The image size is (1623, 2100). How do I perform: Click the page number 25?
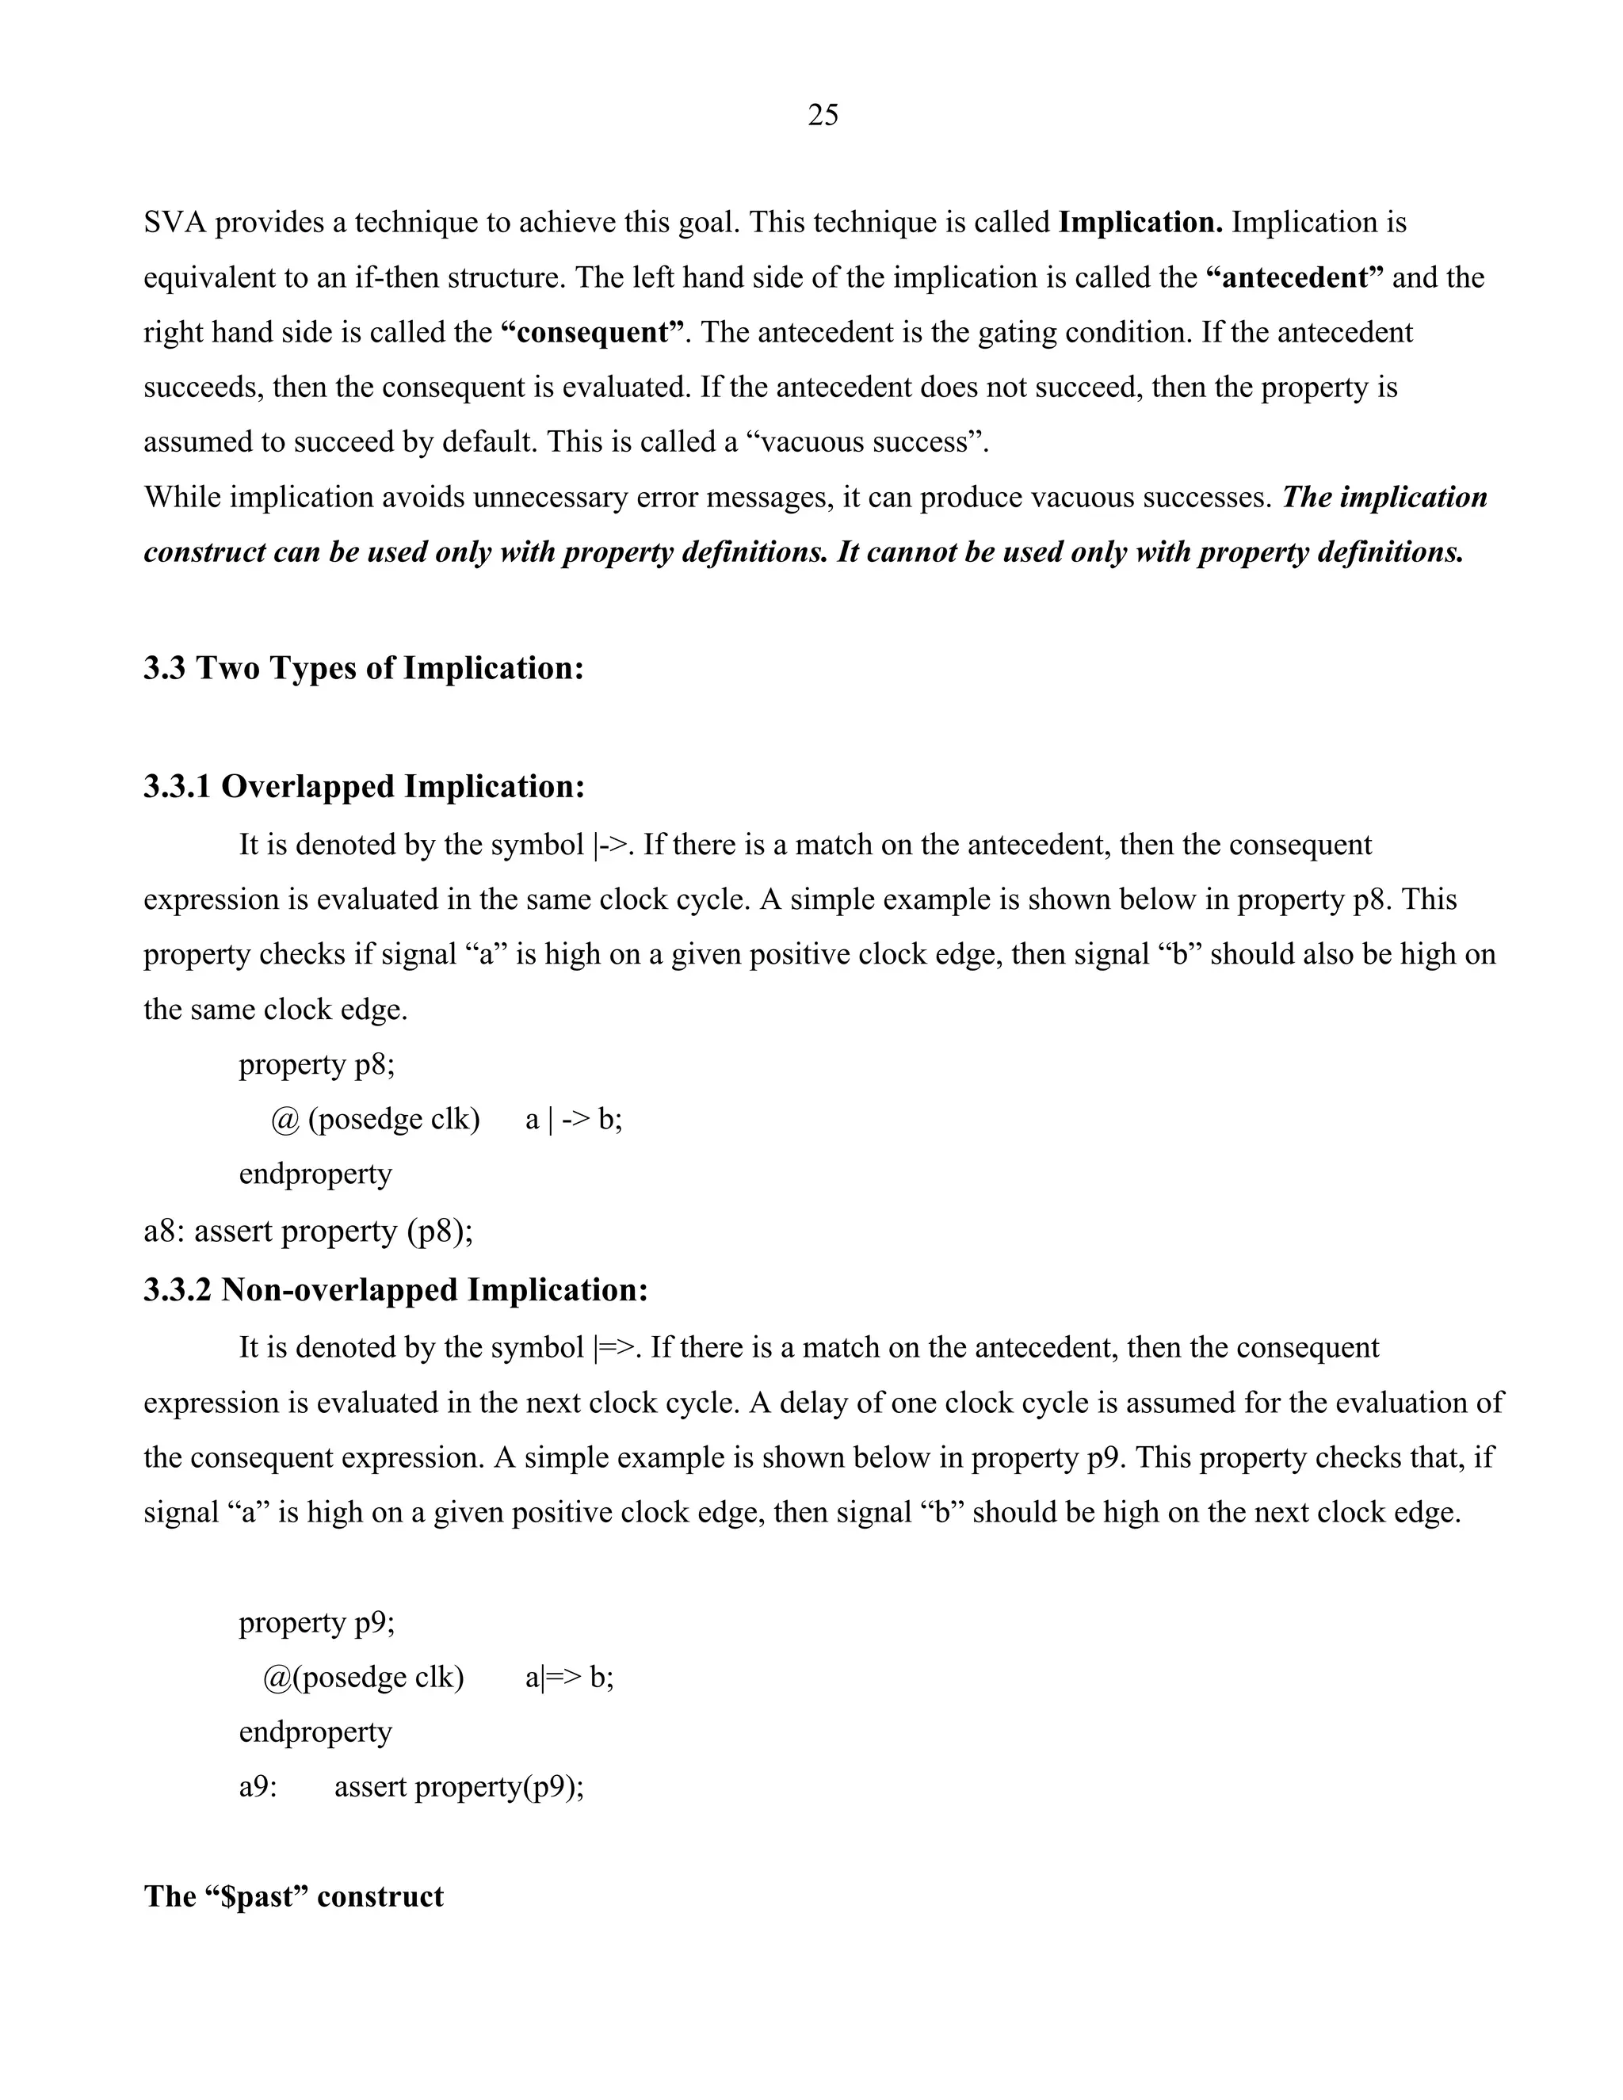click(x=822, y=116)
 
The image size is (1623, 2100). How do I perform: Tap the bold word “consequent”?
click(x=594, y=332)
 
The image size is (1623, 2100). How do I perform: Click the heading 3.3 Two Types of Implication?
click(x=364, y=667)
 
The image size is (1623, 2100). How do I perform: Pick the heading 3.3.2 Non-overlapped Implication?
click(x=395, y=1289)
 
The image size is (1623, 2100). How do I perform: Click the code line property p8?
click(x=316, y=1064)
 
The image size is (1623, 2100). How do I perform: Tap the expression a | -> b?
click(x=573, y=1119)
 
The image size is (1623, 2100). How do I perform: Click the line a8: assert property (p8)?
click(x=307, y=1231)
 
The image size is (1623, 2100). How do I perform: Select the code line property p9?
click(x=316, y=1622)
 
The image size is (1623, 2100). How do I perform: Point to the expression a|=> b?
click(x=569, y=1678)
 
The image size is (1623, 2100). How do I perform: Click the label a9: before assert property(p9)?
click(x=258, y=1788)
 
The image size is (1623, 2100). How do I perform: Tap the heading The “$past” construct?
click(x=293, y=1896)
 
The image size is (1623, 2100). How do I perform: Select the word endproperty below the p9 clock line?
click(x=315, y=1732)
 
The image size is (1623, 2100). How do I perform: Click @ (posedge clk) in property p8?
click(x=375, y=1119)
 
